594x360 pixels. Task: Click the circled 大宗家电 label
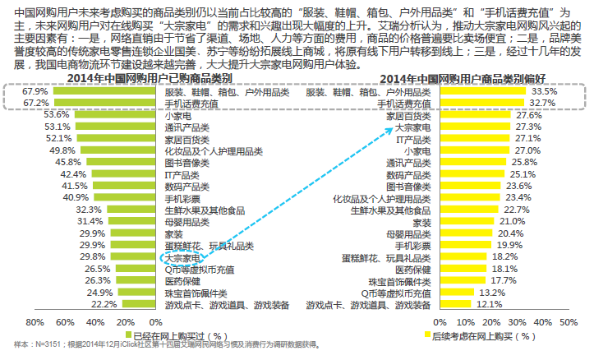tap(181, 257)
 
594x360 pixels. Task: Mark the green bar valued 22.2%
tap(136, 304)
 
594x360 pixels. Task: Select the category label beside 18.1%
tap(412, 269)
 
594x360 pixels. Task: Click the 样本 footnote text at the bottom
tap(164, 345)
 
